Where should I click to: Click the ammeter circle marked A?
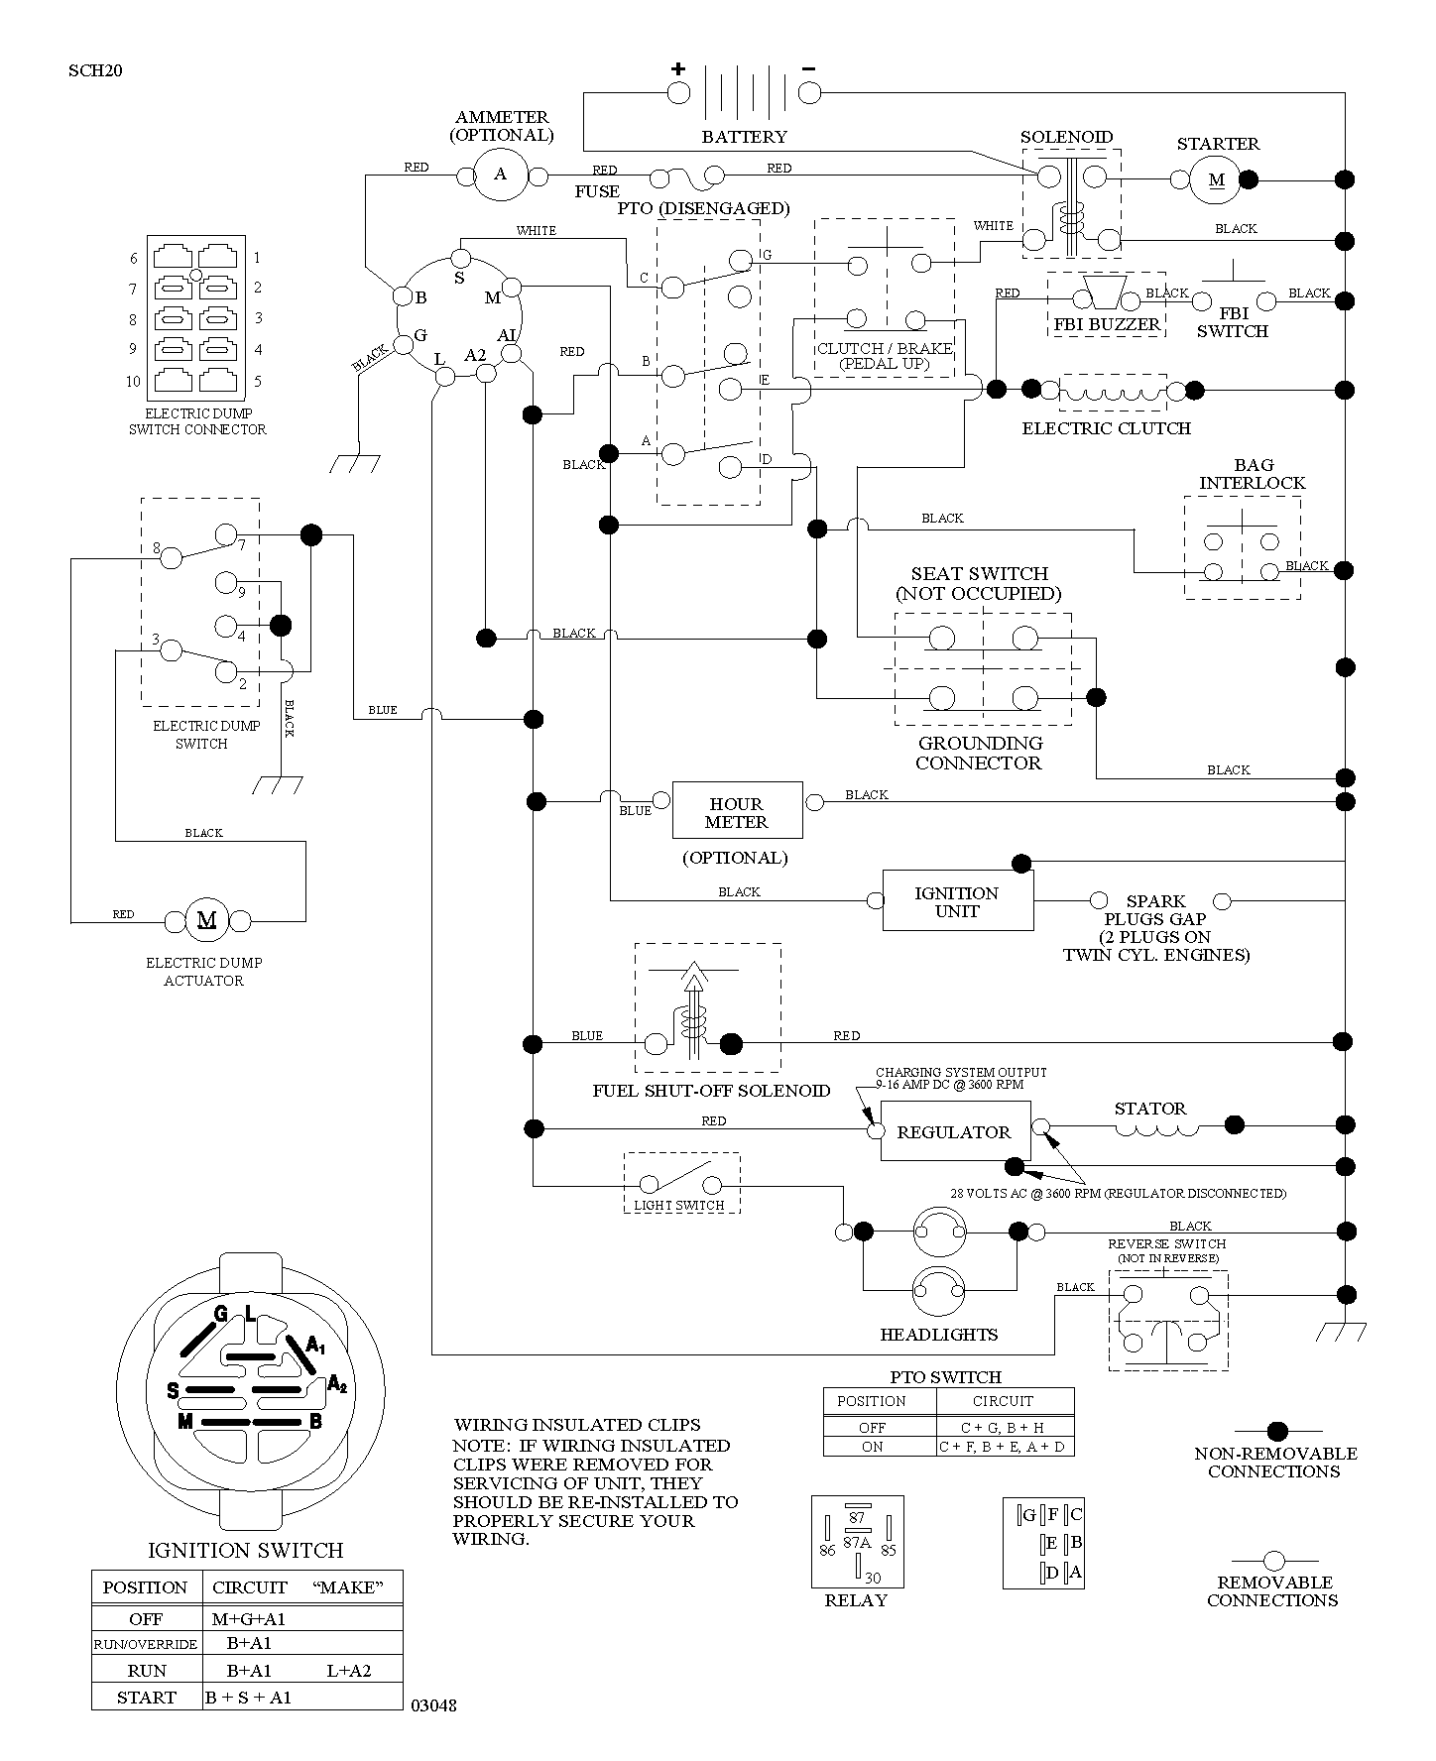[500, 176]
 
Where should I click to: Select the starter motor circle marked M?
[1217, 179]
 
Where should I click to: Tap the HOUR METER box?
[737, 812]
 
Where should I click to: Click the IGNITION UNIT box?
[957, 900]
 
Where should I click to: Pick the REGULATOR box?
[953, 1131]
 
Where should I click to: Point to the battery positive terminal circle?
[678, 93]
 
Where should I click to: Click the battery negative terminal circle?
[809, 93]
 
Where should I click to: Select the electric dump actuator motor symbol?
[207, 919]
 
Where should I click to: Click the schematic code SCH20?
[95, 70]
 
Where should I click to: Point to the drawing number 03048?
[433, 1705]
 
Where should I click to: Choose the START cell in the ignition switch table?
[146, 1697]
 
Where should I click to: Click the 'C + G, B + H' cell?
[1005, 1428]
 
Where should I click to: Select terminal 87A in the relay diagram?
[857, 1542]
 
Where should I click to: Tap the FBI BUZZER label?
[1107, 324]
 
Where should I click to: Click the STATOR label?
[1149, 1109]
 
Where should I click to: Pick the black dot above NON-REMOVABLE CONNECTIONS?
[1277, 1431]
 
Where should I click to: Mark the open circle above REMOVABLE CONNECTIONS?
[1274, 1561]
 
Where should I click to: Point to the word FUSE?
[597, 191]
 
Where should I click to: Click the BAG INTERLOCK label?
[1253, 474]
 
